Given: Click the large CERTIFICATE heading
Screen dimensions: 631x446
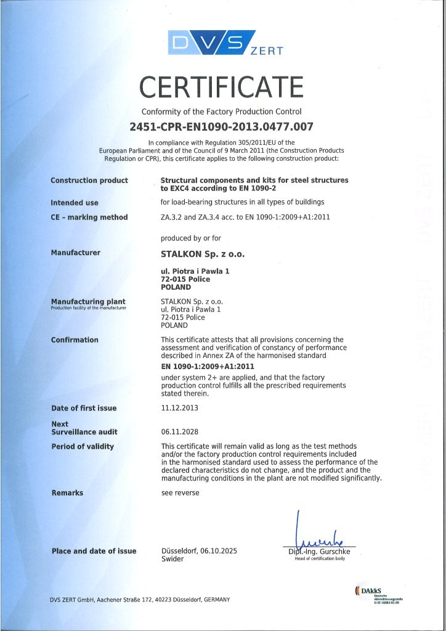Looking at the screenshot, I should [x=222, y=87].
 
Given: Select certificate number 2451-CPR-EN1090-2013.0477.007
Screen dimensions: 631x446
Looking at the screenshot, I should [x=222, y=127].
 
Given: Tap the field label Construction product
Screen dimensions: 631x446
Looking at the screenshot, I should [x=89, y=181].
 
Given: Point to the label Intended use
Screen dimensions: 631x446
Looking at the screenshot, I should [x=75, y=203].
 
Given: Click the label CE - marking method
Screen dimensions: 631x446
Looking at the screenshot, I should [x=89, y=217].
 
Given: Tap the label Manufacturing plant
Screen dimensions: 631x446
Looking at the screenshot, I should [x=88, y=301].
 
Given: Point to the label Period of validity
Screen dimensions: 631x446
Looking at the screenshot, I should [x=83, y=446].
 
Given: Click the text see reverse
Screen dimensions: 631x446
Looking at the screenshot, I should [x=180, y=493].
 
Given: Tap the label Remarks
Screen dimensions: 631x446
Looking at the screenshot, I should [x=67, y=493].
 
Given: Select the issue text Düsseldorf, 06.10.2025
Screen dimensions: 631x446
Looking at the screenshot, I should [x=198, y=551].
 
